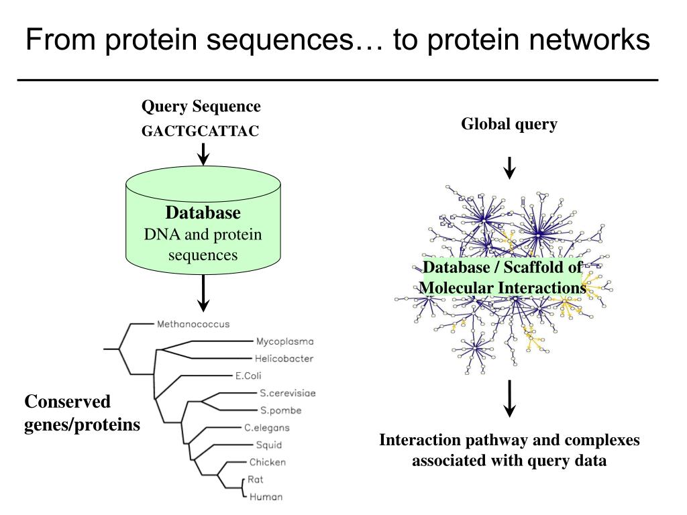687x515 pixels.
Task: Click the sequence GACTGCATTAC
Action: click(200, 131)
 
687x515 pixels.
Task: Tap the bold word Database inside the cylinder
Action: click(203, 213)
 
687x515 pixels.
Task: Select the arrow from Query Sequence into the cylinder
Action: click(203, 154)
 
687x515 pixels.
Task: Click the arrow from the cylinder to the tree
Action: click(203, 293)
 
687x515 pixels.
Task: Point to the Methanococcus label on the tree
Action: click(193, 324)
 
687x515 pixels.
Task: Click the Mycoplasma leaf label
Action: click(284, 341)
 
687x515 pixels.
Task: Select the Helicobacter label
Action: click(284, 359)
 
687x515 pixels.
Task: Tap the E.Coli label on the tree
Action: click(248, 376)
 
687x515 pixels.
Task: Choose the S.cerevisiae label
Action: click(287, 393)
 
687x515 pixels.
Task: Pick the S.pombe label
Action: click(281, 410)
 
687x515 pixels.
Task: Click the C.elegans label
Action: click(267, 428)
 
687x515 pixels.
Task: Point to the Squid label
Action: click(268, 445)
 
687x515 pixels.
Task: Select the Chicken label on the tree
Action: click(267, 462)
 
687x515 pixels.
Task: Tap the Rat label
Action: click(255, 479)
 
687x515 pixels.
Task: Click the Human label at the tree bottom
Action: click(266, 497)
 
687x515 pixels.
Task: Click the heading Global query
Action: click(509, 124)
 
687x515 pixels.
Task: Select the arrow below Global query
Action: click(509, 168)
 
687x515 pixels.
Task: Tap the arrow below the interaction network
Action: click(509, 398)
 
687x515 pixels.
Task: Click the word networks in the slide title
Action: click(589, 40)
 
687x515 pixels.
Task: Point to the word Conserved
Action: click(68, 402)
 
